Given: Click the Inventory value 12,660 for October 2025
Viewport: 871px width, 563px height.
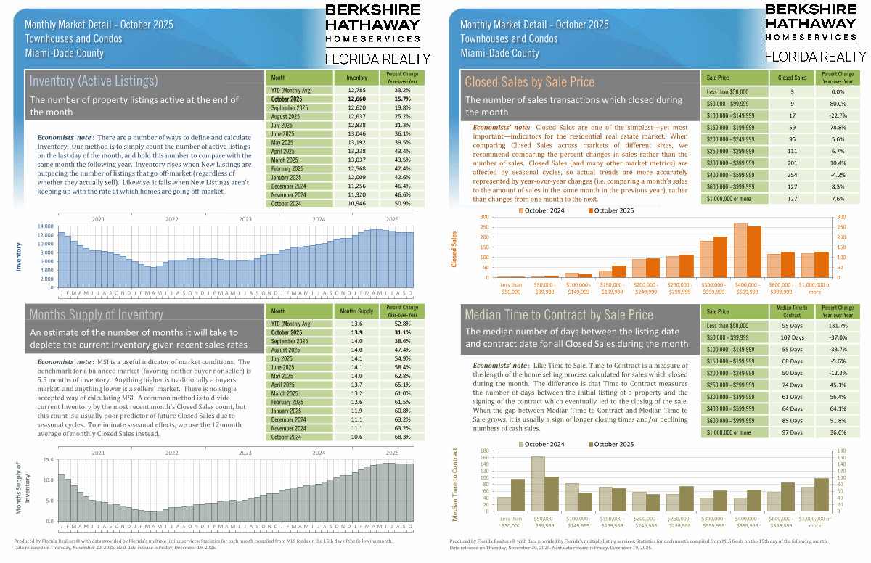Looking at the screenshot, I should [x=356, y=99].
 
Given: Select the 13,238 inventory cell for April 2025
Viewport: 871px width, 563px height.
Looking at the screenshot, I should [x=356, y=152].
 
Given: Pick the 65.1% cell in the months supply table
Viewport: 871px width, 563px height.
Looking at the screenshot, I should [x=403, y=385].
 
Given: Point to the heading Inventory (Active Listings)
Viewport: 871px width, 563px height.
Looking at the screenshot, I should [x=94, y=81].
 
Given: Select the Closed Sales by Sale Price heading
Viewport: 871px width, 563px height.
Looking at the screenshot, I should [x=529, y=82].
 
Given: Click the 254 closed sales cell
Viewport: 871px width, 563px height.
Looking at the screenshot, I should [x=792, y=175].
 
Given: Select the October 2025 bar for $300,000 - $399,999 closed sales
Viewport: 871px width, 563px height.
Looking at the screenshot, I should [x=719, y=257].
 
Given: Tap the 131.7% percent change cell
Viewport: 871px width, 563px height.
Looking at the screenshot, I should [x=838, y=326].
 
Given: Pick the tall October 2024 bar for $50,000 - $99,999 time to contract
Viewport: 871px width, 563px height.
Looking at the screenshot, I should [x=538, y=484].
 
